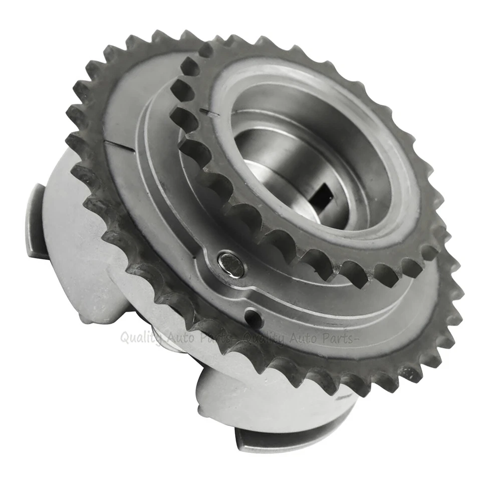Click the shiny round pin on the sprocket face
click(x=231, y=264)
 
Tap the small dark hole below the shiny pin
click(x=252, y=317)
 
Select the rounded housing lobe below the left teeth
click(x=95, y=296)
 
